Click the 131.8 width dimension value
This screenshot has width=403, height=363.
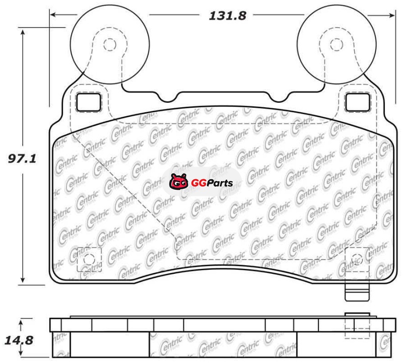[x=228, y=16]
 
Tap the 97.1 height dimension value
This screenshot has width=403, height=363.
[x=22, y=159]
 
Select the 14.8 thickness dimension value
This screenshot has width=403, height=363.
[x=19, y=340]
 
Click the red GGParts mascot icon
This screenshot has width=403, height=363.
[x=179, y=182]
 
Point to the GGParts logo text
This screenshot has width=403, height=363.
[x=212, y=183]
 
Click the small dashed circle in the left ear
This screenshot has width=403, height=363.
[x=110, y=45]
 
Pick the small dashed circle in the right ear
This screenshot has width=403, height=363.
[x=337, y=45]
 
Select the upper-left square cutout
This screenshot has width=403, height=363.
[x=89, y=102]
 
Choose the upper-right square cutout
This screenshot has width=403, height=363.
[x=358, y=102]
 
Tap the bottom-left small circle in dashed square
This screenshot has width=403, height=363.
[x=89, y=259]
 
